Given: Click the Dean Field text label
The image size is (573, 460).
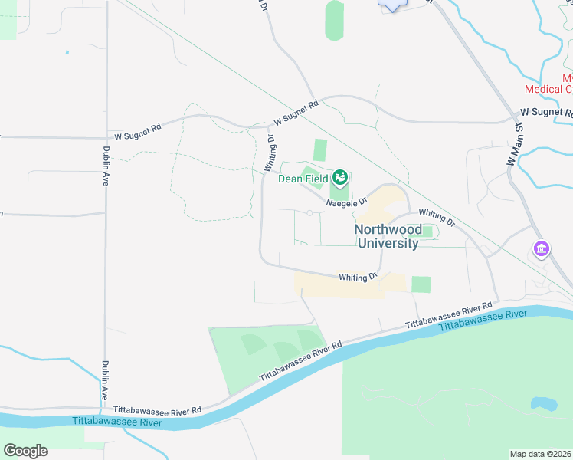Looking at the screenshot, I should click(303, 179).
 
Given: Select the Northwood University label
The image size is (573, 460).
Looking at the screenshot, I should click(388, 237).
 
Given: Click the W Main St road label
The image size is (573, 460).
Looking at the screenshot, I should click(512, 146).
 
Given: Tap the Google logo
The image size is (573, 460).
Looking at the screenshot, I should click(25, 451).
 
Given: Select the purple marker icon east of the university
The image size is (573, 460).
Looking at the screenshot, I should click(542, 249).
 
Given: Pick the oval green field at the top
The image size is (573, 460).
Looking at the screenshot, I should click(334, 21).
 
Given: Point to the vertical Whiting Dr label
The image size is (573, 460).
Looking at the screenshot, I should click(270, 153).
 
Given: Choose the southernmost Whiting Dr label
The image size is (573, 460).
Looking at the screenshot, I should click(359, 276).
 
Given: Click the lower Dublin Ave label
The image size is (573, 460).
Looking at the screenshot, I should click(105, 380).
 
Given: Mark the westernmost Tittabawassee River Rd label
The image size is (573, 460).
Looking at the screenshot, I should click(157, 411).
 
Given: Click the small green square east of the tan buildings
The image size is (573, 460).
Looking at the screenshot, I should click(421, 284).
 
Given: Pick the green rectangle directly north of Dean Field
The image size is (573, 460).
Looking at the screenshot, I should click(319, 150).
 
